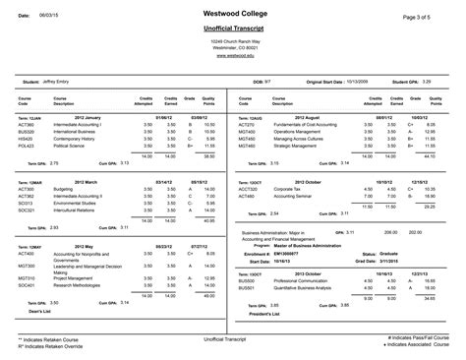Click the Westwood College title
point(232,13)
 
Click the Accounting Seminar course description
point(301,195)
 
